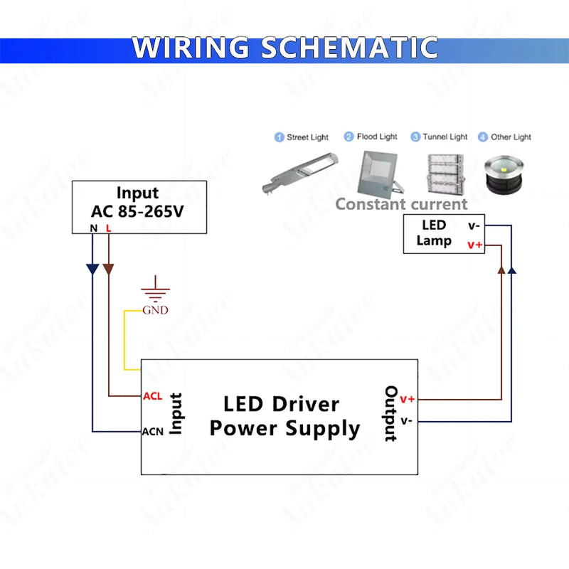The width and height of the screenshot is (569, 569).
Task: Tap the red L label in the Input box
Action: (108, 228)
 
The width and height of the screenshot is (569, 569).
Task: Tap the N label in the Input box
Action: (92, 228)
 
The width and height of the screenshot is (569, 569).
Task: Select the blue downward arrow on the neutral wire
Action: (92, 270)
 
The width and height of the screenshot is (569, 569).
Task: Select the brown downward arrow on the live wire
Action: (108, 270)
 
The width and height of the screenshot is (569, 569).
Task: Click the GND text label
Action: (156, 310)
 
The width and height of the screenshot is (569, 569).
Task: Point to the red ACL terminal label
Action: (153, 396)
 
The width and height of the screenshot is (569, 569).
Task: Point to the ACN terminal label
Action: (154, 431)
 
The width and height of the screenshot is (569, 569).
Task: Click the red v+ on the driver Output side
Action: (408, 399)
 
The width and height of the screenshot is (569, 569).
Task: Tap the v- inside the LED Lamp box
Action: (474, 225)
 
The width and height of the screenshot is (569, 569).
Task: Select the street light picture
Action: (297, 174)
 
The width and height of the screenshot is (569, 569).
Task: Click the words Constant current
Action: (401, 204)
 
